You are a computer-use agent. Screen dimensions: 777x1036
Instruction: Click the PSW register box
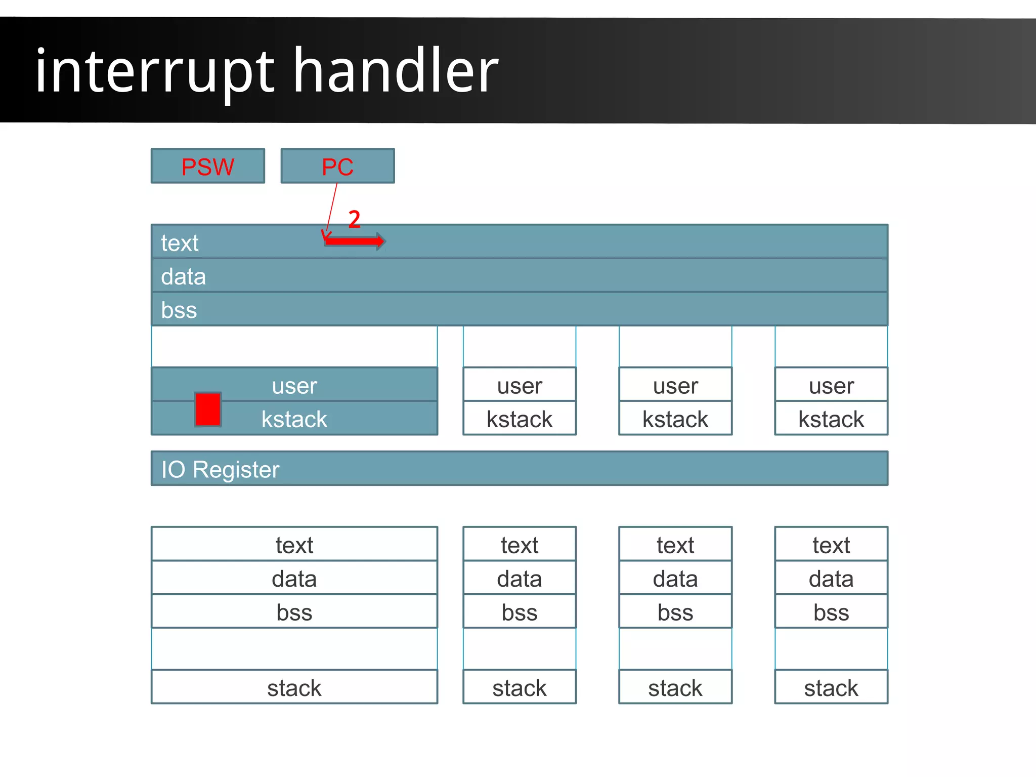(207, 166)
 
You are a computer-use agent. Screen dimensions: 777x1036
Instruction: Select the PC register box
(337, 166)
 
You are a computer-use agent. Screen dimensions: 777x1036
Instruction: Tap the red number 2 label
(354, 219)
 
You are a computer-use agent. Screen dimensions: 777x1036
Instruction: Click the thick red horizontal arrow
(354, 241)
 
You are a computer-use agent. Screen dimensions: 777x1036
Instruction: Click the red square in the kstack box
(207, 409)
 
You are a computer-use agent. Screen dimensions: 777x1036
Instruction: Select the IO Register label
(220, 469)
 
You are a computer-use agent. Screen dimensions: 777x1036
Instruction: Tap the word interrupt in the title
(154, 71)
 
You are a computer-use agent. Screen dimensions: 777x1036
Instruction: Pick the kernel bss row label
(179, 310)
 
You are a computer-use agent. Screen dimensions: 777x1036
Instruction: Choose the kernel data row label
(183, 276)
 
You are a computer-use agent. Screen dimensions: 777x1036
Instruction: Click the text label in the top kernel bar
(180, 243)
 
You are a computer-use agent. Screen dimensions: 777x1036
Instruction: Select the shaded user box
(294, 385)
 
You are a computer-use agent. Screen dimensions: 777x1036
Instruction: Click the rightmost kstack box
(831, 419)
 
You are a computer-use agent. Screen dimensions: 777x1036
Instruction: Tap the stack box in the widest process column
(294, 687)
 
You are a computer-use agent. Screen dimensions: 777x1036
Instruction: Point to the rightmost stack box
(831, 687)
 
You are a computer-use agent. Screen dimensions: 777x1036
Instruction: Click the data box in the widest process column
(294, 578)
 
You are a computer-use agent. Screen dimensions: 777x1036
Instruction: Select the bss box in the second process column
(519, 612)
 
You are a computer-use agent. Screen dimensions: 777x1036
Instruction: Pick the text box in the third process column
(675, 545)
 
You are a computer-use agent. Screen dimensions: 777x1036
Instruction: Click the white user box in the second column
(519, 385)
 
